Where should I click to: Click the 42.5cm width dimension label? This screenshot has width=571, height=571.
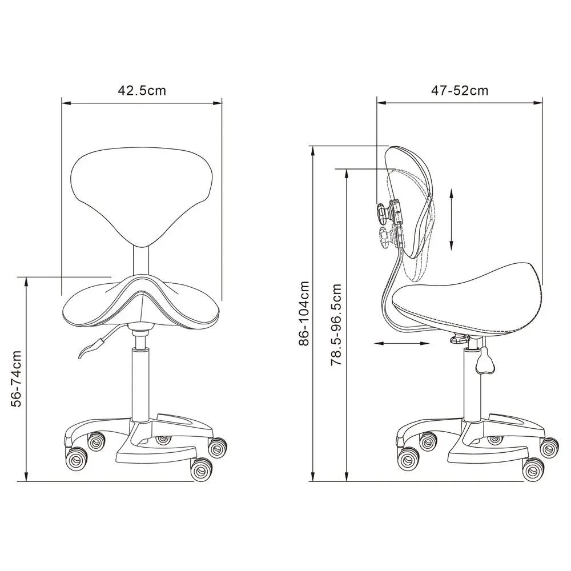(x=142, y=90)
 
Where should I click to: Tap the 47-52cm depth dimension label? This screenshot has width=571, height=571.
(x=460, y=90)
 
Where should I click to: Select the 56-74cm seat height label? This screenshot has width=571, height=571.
(x=17, y=379)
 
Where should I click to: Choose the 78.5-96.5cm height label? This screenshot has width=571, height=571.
(x=336, y=325)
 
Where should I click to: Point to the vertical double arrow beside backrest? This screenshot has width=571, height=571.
(x=451, y=219)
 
